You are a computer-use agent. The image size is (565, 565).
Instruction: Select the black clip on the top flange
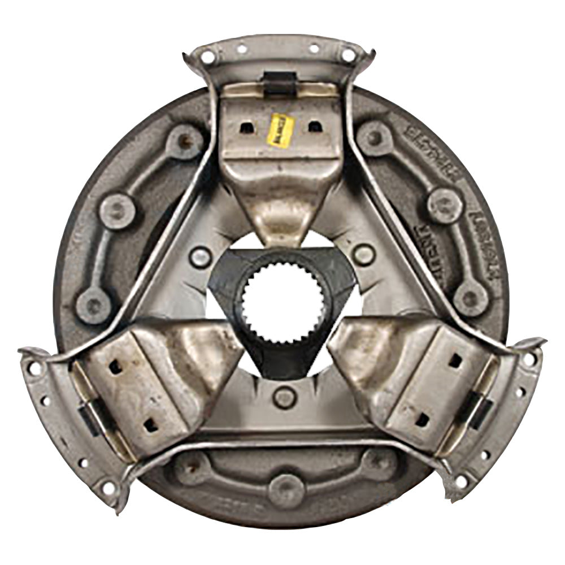280,82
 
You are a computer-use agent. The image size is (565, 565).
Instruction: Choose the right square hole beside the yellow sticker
314,127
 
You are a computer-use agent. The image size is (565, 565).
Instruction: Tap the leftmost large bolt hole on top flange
208,56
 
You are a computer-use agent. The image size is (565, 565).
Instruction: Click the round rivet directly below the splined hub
284,397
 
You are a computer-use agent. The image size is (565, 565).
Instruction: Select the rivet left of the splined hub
201,257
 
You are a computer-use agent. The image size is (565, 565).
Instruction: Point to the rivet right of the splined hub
363,254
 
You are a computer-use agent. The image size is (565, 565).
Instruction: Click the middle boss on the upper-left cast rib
118,211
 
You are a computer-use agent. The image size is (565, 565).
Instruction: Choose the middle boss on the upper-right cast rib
445,204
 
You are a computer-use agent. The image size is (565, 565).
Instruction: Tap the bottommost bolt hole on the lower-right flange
461,482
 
